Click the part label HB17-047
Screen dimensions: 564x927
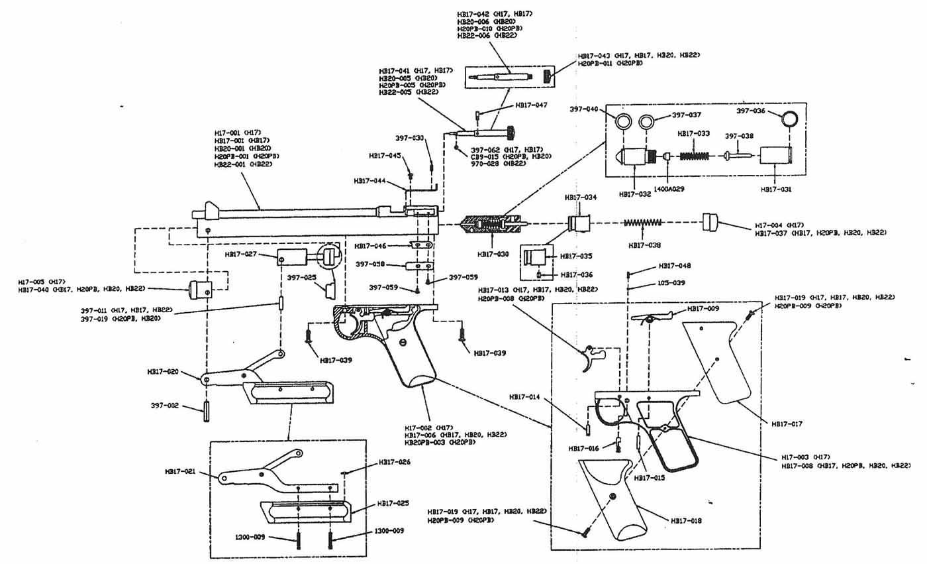click(x=532, y=105)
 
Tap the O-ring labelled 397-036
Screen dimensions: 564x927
click(x=787, y=120)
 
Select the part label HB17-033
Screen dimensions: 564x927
click(x=694, y=133)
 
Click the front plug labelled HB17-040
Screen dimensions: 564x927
click(x=201, y=289)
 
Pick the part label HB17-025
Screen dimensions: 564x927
click(x=395, y=504)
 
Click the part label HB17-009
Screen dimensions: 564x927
click(x=703, y=309)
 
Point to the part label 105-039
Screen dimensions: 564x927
click(x=671, y=283)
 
